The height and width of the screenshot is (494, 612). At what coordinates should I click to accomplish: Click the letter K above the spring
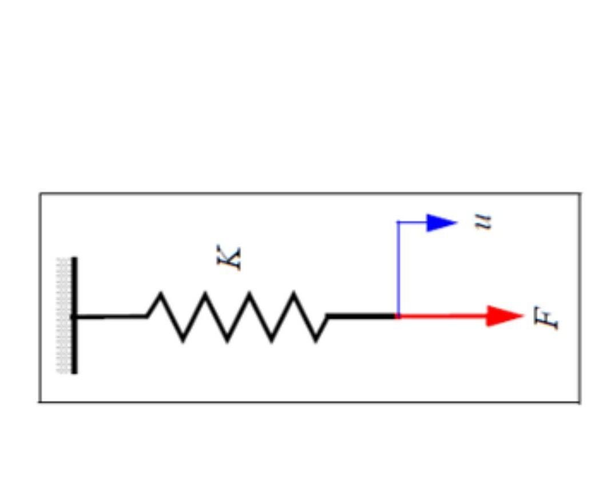[230, 258]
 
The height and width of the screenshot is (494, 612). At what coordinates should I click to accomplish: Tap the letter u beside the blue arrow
[485, 221]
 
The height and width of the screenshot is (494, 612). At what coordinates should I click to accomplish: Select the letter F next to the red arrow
[546, 318]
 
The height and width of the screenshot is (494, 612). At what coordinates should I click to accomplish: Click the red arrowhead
[503, 316]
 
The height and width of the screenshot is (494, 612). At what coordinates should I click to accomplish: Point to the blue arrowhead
[441, 222]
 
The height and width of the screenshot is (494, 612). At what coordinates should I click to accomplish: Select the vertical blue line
[398, 269]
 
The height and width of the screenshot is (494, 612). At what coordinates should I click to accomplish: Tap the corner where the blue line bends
[398, 222]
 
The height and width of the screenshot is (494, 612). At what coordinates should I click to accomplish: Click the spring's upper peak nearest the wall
[161, 294]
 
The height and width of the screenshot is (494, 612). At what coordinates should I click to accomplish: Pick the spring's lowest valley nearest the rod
[317, 341]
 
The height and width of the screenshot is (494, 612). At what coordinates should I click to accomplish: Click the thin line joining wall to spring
[111, 316]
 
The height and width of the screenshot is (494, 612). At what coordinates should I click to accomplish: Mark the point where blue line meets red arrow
[398, 316]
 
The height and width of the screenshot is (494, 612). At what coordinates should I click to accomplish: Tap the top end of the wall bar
[74, 259]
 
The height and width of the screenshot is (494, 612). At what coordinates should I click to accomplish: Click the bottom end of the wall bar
[74, 372]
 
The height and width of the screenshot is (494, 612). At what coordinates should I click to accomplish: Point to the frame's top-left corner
[40, 194]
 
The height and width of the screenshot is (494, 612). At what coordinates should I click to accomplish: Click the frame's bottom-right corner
[579, 402]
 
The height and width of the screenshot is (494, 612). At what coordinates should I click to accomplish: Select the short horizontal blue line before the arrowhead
[413, 222]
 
